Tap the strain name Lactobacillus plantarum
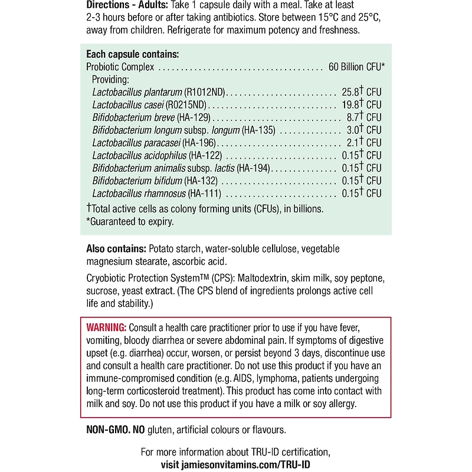(137, 92)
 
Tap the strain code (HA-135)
(260, 130)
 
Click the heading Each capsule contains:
(133, 54)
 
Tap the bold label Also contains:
(116, 250)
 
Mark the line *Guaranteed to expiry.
(130, 221)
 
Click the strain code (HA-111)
(206, 193)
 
